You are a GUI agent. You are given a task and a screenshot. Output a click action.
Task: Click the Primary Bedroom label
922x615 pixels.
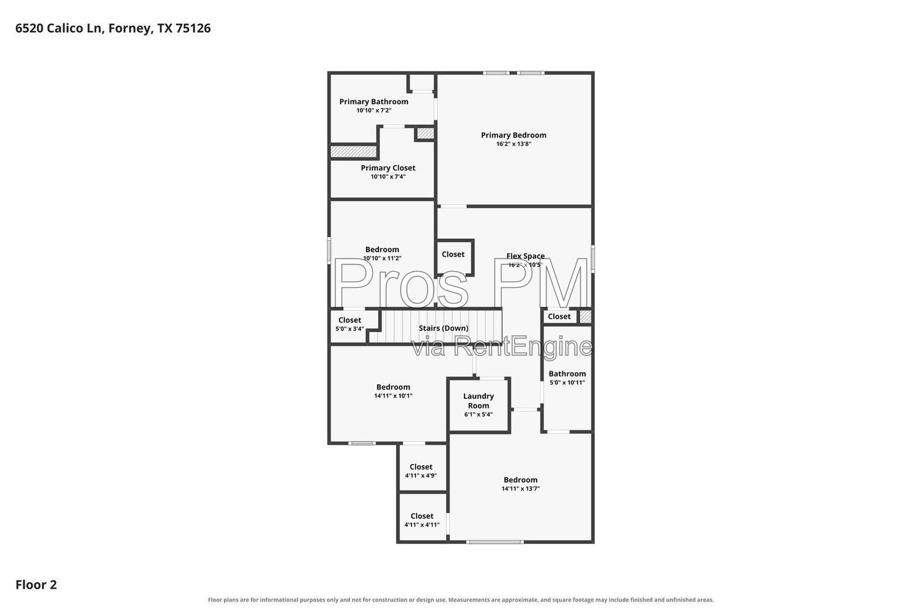pos(513,135)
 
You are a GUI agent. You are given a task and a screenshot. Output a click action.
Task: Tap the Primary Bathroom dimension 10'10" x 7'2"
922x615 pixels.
pos(374,110)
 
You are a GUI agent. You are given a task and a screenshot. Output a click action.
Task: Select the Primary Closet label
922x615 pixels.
pos(388,168)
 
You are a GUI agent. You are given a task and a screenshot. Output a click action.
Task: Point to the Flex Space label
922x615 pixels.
pos(525,256)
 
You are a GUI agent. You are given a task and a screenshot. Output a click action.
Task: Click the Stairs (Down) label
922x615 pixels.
pos(443,328)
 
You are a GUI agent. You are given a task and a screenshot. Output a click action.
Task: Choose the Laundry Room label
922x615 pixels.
pos(478,401)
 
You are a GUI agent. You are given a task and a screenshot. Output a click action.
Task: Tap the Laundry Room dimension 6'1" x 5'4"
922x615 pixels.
pos(478,414)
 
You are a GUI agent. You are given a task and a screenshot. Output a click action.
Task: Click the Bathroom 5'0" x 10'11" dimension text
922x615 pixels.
pos(567,382)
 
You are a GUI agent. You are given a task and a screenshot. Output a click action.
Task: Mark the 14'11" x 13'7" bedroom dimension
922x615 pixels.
pos(520,489)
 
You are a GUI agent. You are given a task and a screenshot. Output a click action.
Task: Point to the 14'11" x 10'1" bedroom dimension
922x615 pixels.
pos(393,395)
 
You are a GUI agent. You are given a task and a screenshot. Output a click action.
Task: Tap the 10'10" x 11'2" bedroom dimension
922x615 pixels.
pos(382,259)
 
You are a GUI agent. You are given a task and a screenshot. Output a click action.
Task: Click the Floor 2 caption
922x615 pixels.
pos(36,584)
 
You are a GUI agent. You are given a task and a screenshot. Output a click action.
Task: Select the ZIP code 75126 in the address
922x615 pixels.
pos(193,28)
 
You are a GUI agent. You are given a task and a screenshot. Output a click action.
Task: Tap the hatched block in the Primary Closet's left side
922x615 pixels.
pos(354,152)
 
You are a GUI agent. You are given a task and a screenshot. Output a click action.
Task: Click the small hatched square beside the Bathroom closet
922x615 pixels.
pos(585,316)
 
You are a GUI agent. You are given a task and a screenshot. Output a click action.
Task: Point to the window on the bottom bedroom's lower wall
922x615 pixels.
pos(495,542)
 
